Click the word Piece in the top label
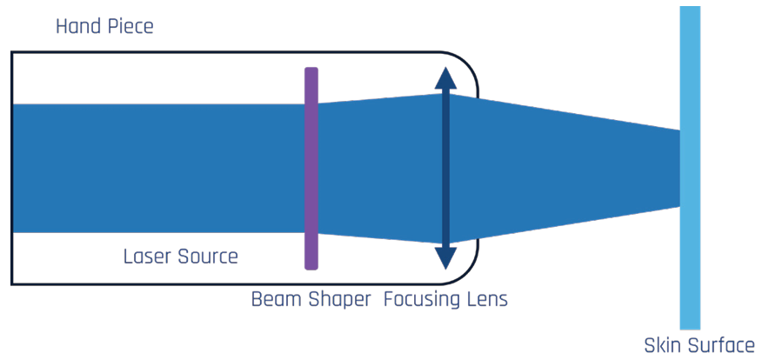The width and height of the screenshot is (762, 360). pyautogui.click(x=131, y=27)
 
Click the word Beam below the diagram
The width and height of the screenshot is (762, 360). pyautogui.click(x=276, y=300)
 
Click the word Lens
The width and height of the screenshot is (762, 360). pyautogui.click(x=487, y=300)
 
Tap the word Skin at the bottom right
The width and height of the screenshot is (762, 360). pyautogui.click(x=662, y=345)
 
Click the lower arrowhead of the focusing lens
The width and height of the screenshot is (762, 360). pyautogui.click(x=446, y=258)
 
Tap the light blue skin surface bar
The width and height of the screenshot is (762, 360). pyautogui.click(x=690, y=261)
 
